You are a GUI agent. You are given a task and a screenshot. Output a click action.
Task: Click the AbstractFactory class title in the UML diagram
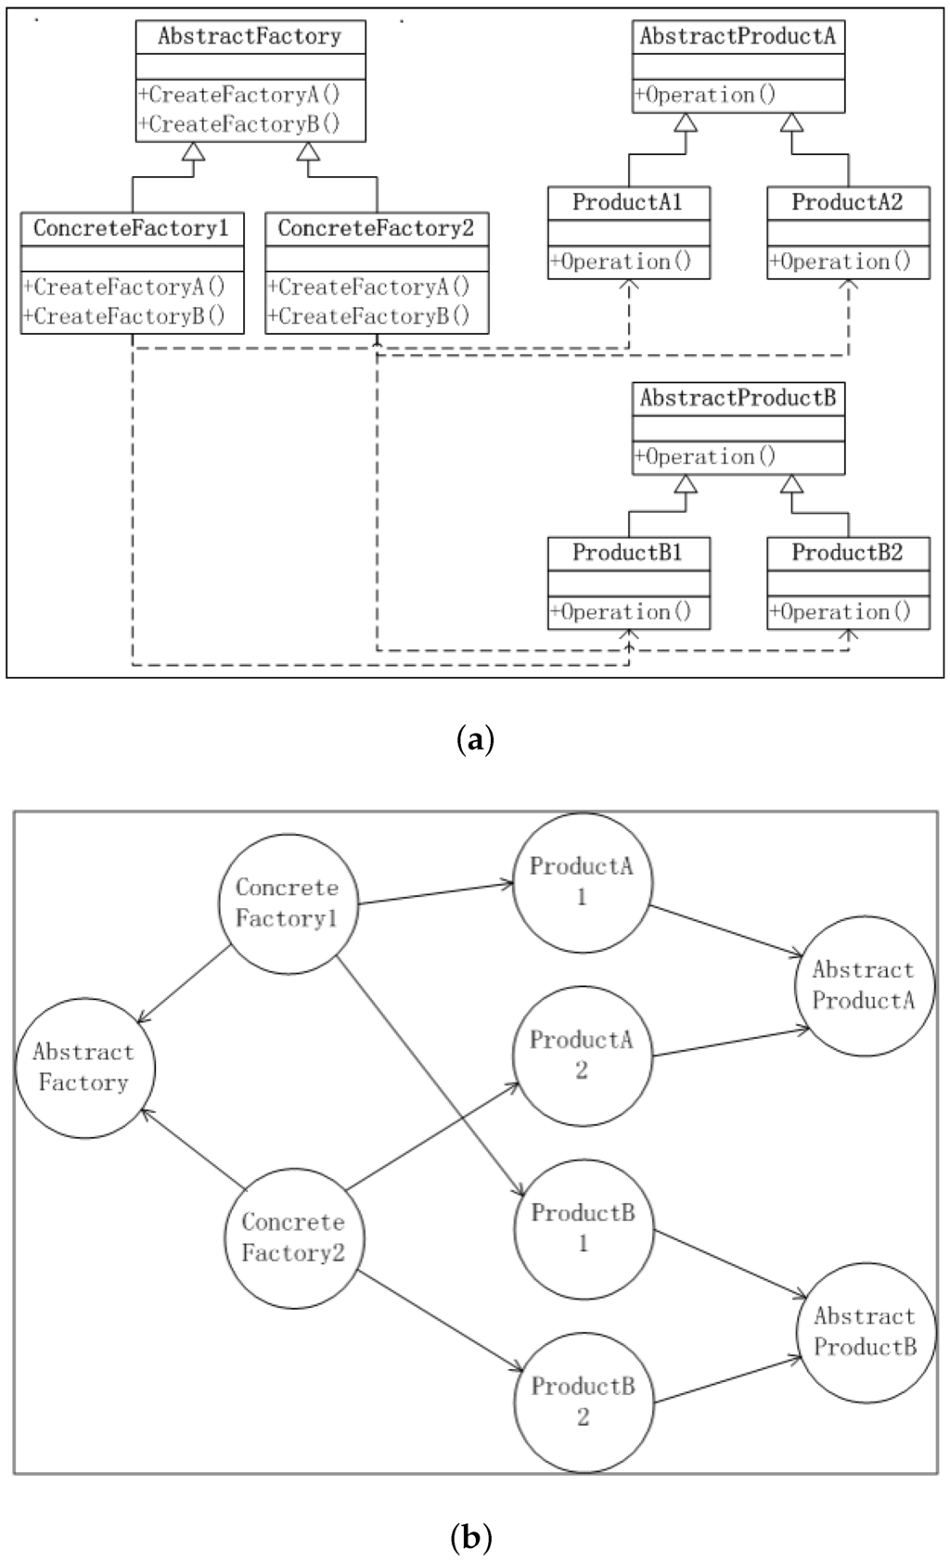pyautogui.click(x=250, y=37)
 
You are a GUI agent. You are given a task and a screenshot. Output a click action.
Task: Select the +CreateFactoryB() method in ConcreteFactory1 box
pyautogui.click(x=124, y=316)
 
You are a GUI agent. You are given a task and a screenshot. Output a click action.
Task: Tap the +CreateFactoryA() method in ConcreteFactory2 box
pyautogui.click(x=369, y=287)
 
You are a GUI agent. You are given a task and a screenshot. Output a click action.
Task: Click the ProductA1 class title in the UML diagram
pyautogui.click(x=628, y=202)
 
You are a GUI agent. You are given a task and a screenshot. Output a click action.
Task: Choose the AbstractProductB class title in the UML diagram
pyautogui.click(x=738, y=399)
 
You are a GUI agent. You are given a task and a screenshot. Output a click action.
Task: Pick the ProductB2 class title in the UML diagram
pyautogui.click(x=847, y=553)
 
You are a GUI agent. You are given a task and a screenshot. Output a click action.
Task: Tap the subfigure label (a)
pyautogui.click(x=476, y=740)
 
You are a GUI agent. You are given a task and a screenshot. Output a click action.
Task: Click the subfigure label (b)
pyautogui.click(x=470, y=1538)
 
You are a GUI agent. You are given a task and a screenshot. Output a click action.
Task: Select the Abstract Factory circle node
pyautogui.click(x=84, y=1068)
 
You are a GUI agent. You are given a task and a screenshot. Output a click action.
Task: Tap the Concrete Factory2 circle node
pyautogui.click(x=294, y=1237)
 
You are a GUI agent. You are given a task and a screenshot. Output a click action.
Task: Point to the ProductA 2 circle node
pyautogui.click(x=582, y=1055)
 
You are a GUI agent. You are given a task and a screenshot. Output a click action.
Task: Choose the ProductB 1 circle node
pyautogui.click(x=584, y=1228)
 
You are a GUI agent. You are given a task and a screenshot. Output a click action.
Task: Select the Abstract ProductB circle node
pyautogui.click(x=866, y=1331)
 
